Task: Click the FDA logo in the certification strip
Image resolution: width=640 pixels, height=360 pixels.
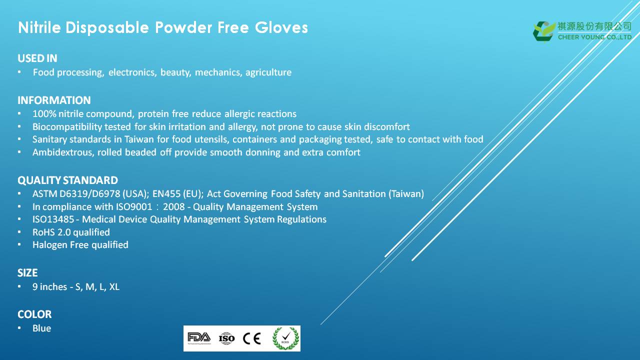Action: point(199,338)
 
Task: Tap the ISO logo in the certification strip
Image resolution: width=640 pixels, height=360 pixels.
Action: point(226,338)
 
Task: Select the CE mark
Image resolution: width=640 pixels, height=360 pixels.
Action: point(251,338)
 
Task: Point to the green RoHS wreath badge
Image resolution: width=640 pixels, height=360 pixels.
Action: point(285,338)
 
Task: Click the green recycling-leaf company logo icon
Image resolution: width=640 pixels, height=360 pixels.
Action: point(544,31)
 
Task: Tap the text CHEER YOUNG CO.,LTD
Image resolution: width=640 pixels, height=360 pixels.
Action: point(594,37)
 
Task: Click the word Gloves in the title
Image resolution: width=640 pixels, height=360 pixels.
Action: point(281,27)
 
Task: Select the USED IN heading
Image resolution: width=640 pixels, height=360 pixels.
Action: point(37,58)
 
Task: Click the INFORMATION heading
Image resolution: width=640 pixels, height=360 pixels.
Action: point(54,100)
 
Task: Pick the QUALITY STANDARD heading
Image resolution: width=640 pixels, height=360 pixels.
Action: point(67,180)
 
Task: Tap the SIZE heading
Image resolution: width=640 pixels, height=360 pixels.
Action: point(27,273)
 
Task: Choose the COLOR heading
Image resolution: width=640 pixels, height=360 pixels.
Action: point(34,314)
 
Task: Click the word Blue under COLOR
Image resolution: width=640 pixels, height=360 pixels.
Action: point(41,328)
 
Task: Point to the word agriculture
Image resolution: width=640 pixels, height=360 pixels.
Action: point(268,72)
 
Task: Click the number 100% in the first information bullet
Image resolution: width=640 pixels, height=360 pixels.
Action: point(44,113)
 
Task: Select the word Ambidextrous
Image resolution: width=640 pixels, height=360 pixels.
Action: point(63,152)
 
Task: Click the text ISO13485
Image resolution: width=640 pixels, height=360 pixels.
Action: point(53,219)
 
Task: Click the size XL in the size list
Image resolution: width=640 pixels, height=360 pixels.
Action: point(114,286)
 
